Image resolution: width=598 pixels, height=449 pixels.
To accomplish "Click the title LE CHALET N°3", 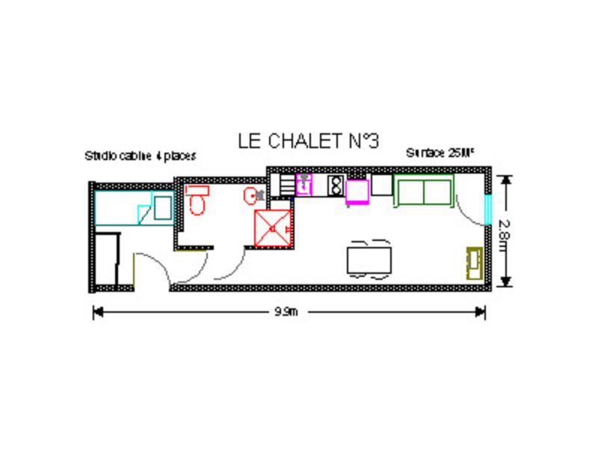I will [x=309, y=141].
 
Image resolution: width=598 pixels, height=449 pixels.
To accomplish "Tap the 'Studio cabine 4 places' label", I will [x=141, y=156].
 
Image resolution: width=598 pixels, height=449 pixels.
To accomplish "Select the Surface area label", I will [x=440, y=152].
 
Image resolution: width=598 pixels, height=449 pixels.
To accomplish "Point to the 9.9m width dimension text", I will [x=286, y=313].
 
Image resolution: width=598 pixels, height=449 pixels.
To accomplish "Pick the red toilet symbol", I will [x=197, y=200].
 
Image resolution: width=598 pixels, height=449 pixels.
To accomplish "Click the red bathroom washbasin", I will [x=251, y=195].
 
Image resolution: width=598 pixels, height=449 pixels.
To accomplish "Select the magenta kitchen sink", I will [x=304, y=184].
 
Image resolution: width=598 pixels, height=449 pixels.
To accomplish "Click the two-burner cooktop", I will [x=334, y=184].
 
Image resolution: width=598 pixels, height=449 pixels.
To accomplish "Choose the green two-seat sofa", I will [x=424, y=191].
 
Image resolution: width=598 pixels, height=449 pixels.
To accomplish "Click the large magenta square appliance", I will [x=357, y=191].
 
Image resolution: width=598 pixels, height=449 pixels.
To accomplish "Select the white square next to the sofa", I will [x=382, y=185].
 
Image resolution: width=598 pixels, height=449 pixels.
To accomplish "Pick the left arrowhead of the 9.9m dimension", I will [x=96, y=313].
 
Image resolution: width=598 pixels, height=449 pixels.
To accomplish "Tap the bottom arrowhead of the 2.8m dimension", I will [x=505, y=282].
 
